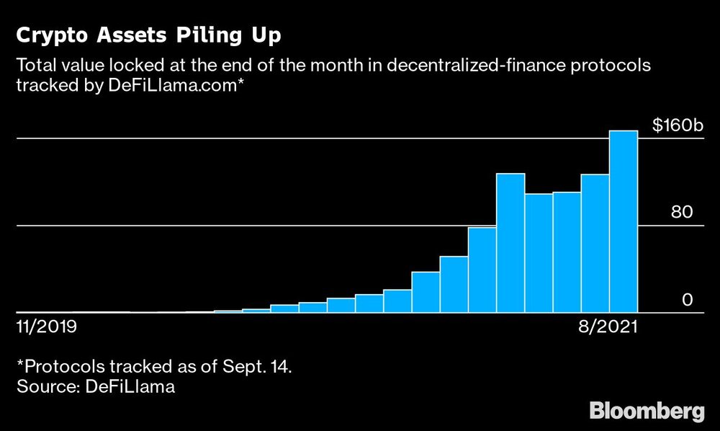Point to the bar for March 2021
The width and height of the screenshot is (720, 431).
coord(482,270)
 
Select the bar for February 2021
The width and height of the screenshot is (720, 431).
coord(454,284)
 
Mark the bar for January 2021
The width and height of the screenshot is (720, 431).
coord(426,292)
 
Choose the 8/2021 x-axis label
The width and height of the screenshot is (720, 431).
coord(608,328)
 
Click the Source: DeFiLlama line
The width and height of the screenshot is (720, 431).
coord(96,387)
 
